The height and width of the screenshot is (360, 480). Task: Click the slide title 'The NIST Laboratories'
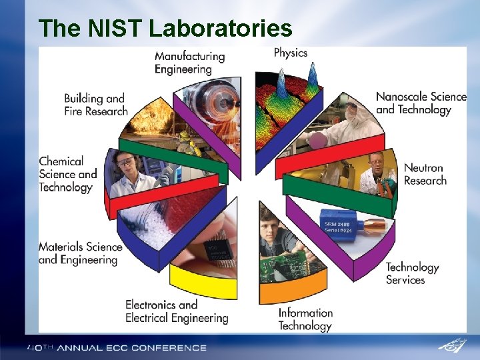click(x=165, y=29)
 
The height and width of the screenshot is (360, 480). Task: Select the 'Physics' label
click(x=291, y=53)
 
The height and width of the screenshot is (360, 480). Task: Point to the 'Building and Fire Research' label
click(x=95, y=105)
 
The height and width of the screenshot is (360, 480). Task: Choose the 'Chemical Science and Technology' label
click(x=67, y=174)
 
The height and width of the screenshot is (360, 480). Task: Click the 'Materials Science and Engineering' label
click(x=80, y=253)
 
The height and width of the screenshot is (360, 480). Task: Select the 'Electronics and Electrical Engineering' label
click(x=176, y=311)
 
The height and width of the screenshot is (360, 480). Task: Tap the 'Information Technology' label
click(x=305, y=319)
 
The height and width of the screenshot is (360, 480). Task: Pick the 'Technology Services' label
click(x=412, y=273)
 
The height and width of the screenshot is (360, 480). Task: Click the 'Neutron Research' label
click(x=425, y=174)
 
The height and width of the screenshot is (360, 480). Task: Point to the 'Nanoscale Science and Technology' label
click(x=421, y=103)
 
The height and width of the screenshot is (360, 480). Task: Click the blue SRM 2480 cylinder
click(x=339, y=222)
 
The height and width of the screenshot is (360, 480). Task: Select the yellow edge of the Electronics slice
click(x=203, y=283)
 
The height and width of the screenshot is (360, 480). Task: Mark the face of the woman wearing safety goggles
click(x=125, y=161)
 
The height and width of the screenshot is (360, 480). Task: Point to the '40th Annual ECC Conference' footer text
click(x=117, y=347)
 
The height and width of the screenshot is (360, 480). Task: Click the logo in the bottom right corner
click(x=453, y=345)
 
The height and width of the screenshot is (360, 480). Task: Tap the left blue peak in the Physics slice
click(x=281, y=83)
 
